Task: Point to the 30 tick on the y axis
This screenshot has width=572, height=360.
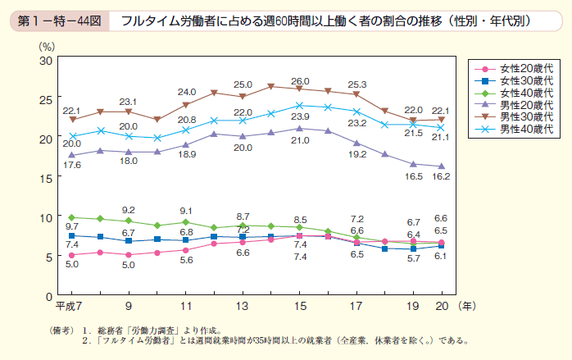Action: tap(46, 60)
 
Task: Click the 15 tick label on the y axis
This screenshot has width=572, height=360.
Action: tap(46, 178)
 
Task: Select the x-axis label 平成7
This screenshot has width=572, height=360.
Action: tap(66, 306)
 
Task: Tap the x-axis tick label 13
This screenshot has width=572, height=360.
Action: tap(243, 306)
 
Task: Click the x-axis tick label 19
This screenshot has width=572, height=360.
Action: tap(414, 306)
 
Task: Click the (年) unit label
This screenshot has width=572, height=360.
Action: tap(466, 306)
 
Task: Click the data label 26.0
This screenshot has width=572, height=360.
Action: tap(300, 81)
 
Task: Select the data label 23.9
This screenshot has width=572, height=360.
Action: tap(299, 118)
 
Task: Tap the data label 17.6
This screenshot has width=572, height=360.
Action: tap(73, 165)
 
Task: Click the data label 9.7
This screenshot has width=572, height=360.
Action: tap(72, 226)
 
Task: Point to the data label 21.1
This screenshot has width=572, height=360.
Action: tap(443, 137)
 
